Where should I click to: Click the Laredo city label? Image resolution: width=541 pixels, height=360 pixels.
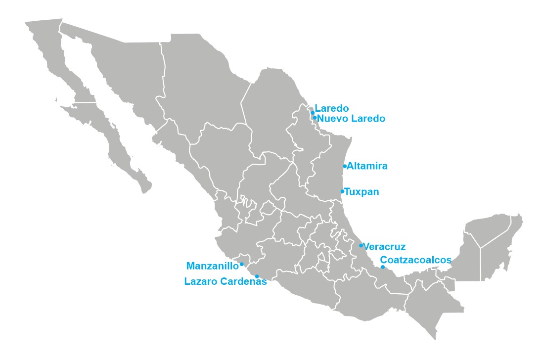coord(332,108)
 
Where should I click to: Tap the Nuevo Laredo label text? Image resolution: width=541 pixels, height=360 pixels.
coord(351,119)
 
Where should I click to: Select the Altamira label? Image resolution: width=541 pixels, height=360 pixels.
coord(367,166)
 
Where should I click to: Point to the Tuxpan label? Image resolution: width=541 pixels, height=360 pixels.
coord(361,191)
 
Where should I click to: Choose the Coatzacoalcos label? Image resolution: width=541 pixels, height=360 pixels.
coord(415,260)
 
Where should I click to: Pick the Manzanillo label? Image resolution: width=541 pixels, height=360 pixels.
coord(212,266)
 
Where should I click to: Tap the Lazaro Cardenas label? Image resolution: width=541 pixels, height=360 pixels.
coord(225,282)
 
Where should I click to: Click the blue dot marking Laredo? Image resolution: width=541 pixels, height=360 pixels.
coord(313,113)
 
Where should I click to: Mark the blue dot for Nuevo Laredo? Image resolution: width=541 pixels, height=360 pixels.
coord(315,118)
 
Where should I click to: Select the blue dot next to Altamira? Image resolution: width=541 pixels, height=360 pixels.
coord(345,166)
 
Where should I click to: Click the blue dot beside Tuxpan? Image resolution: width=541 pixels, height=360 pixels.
coord(342,191)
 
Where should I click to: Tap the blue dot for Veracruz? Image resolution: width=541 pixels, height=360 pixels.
coord(361,245)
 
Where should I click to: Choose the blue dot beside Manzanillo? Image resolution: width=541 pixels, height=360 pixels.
coord(241,264)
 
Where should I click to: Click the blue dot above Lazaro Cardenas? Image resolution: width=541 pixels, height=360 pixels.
coord(257,276)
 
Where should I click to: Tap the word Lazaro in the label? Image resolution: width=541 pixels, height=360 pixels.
coord(199,282)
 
